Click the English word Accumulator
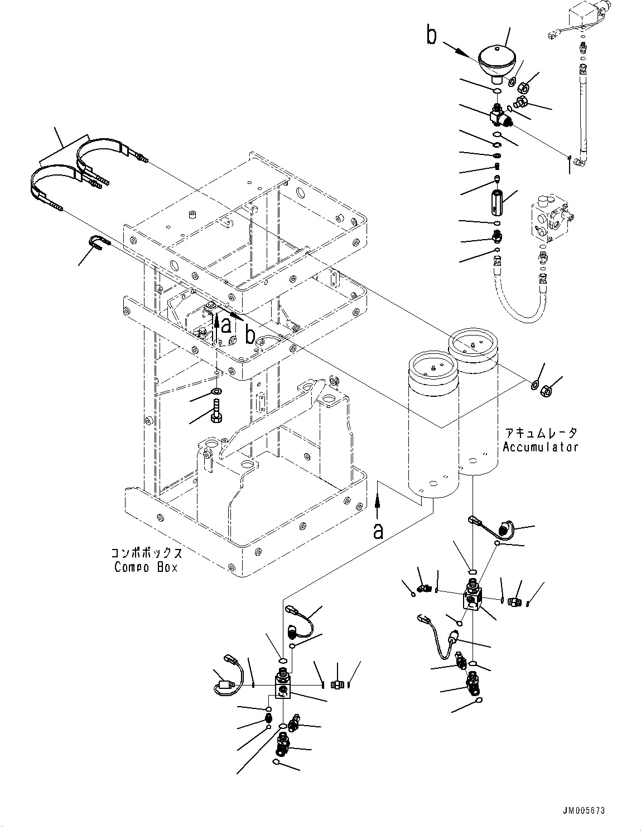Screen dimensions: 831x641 pos(539,446)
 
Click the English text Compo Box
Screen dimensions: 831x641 pos(146,567)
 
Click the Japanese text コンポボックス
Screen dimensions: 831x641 pos(146,553)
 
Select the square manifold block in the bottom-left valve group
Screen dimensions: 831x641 pos(283,685)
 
